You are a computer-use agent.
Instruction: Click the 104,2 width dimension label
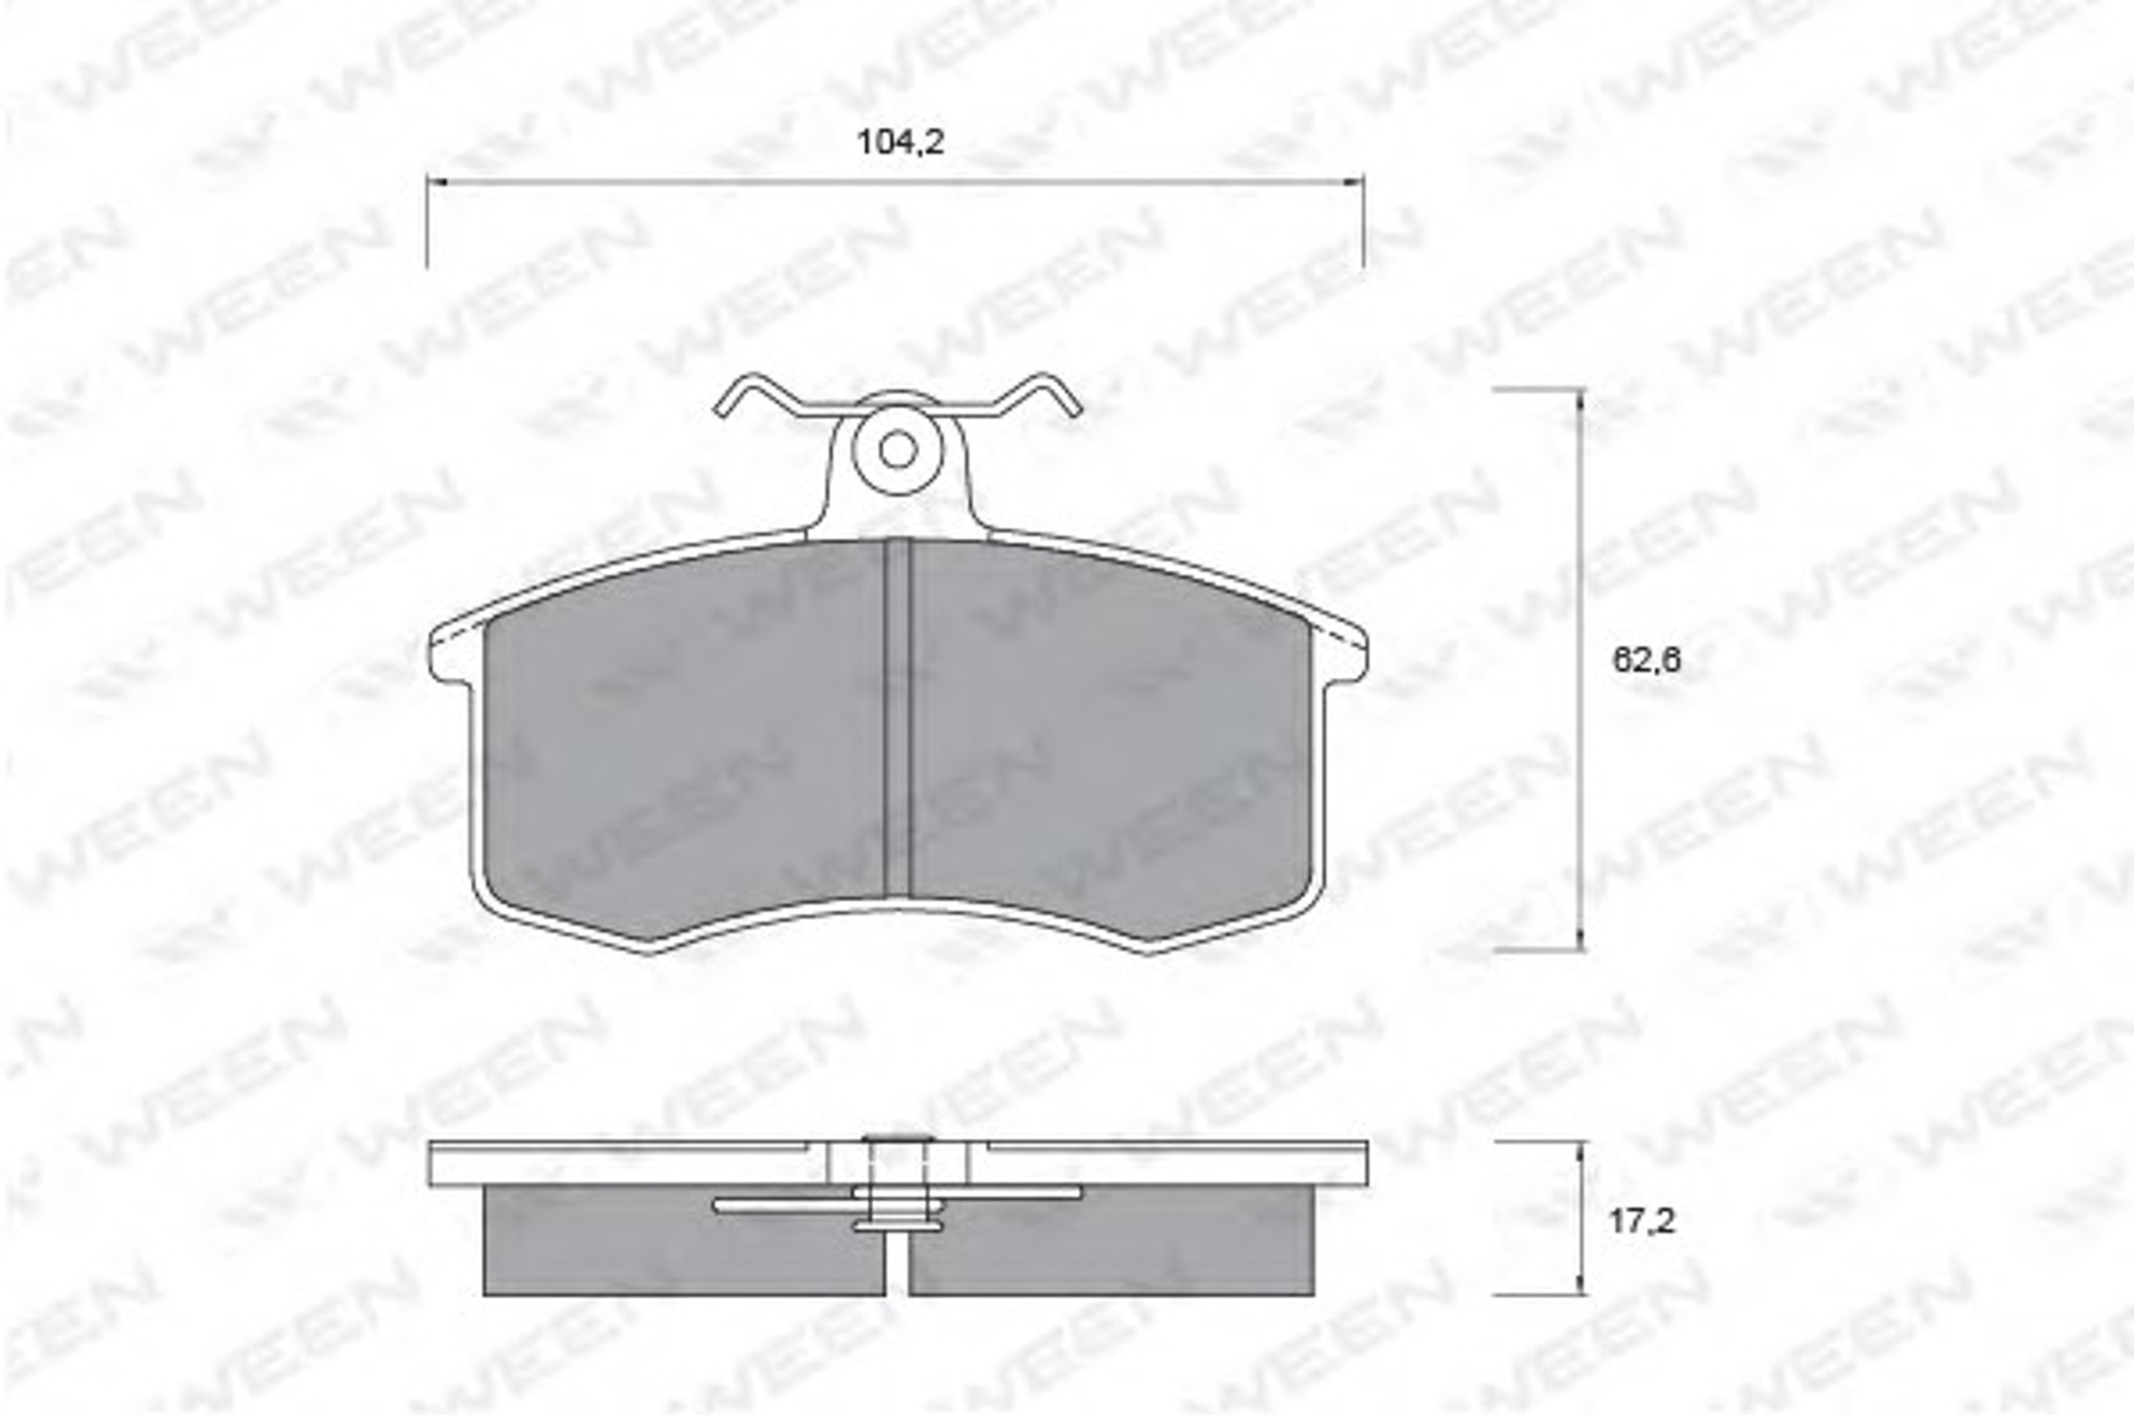coord(899,143)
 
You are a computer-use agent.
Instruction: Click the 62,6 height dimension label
coord(1647,660)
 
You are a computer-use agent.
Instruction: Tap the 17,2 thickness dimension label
coord(1642,1221)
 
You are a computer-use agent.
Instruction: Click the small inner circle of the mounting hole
coord(897,449)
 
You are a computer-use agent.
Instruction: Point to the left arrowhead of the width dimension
coord(436,182)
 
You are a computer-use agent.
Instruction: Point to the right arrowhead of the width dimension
coord(1353,182)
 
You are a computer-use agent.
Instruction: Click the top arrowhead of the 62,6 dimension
coord(1580,400)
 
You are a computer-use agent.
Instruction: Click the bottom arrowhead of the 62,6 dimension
coord(1580,939)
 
